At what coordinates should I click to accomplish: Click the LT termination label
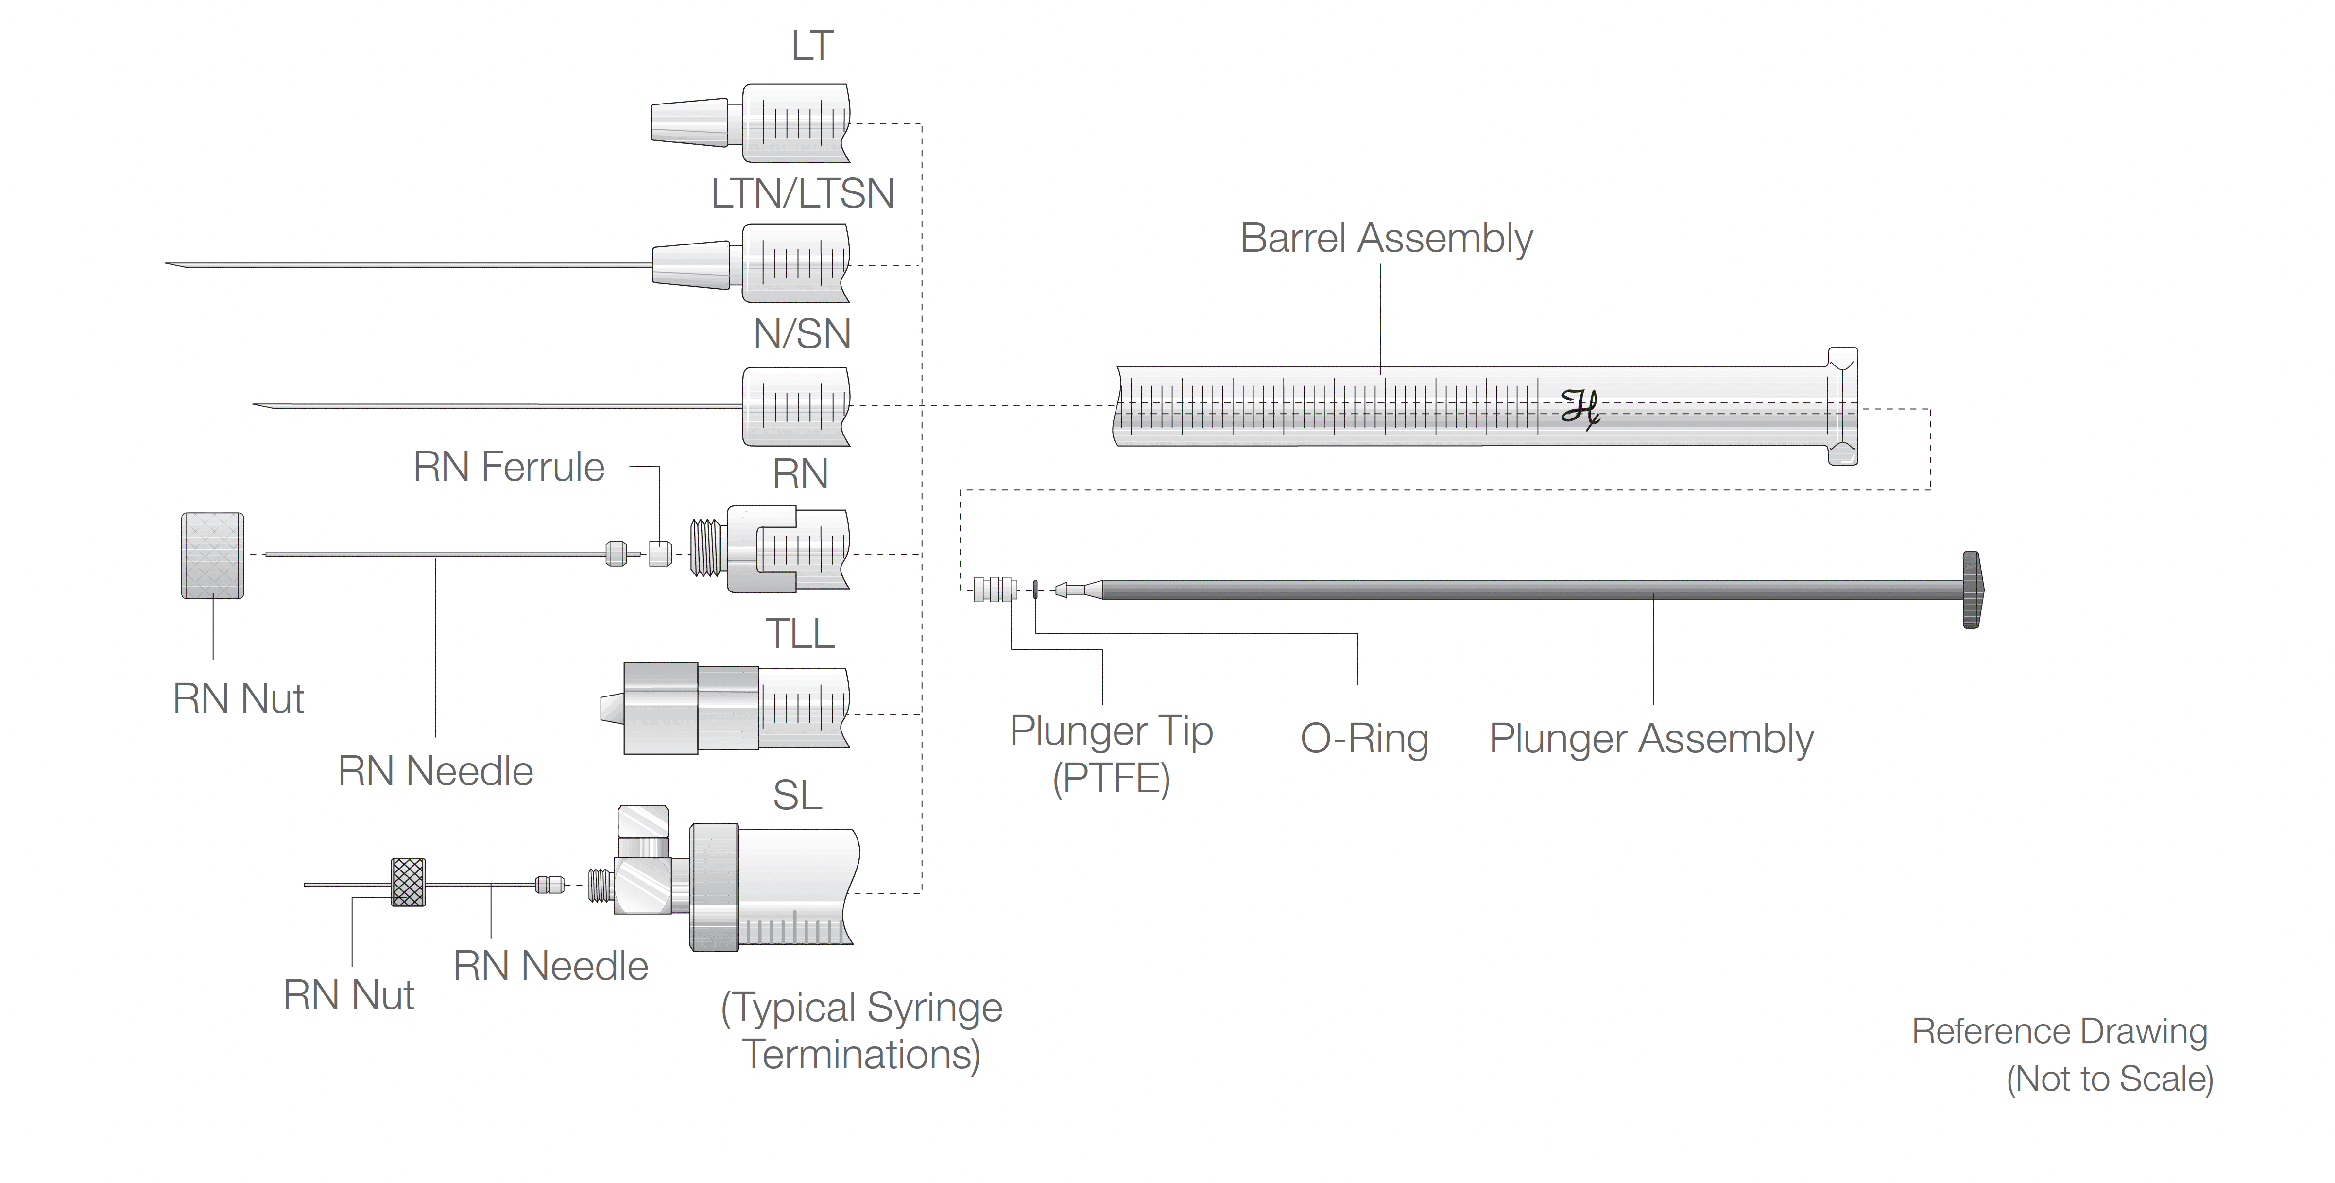(x=811, y=45)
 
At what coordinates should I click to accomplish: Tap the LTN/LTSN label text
(x=802, y=193)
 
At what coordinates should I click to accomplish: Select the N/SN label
(x=802, y=333)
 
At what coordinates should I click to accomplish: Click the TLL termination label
(x=800, y=634)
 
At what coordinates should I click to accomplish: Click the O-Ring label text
(x=1364, y=739)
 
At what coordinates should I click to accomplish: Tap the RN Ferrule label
(x=509, y=468)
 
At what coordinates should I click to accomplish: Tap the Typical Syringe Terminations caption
(x=861, y=1031)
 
